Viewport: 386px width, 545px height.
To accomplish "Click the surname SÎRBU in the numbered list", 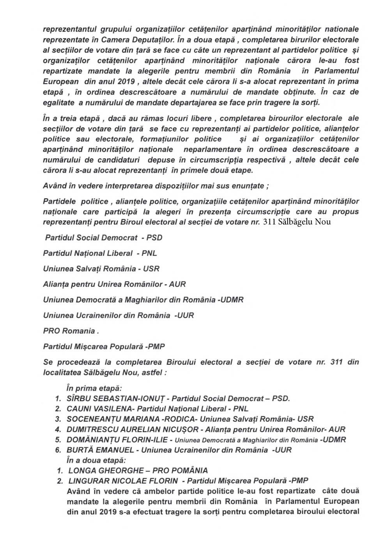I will pos(78,399).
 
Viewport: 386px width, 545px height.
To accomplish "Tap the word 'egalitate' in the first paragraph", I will pos(58,103).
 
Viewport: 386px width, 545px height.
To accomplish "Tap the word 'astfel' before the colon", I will pos(152,372).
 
